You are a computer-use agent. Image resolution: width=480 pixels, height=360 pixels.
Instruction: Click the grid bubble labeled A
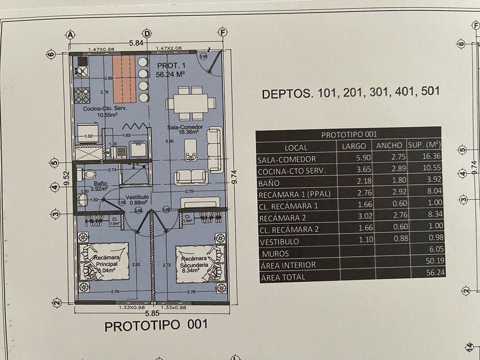point(71,34)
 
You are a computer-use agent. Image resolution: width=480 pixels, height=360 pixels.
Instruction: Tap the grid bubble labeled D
point(147,34)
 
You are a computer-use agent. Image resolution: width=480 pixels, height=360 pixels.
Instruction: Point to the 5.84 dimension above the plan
point(135,43)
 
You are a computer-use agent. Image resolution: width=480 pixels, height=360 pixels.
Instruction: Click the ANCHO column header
point(389,146)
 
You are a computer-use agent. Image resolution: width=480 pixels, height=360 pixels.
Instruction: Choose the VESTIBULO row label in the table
point(278,242)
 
